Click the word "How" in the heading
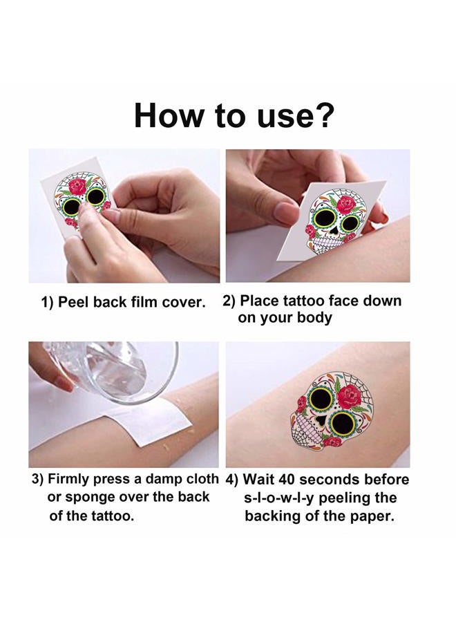click(x=163, y=115)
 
